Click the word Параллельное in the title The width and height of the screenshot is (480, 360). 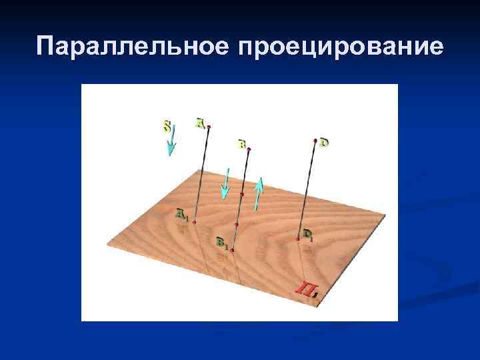click(131, 47)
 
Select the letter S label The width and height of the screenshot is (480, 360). click(167, 125)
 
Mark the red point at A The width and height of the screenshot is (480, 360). click(209, 127)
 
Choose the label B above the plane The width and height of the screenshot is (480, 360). click(241, 143)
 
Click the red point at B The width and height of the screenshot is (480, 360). click(248, 149)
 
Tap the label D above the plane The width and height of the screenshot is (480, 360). click(324, 142)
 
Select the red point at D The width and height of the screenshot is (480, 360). click(315, 141)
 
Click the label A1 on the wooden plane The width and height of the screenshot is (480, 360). click(181, 214)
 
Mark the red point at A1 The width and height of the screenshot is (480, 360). click(194, 223)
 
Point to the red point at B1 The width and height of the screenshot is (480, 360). click(233, 250)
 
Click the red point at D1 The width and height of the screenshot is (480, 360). click(298, 237)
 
